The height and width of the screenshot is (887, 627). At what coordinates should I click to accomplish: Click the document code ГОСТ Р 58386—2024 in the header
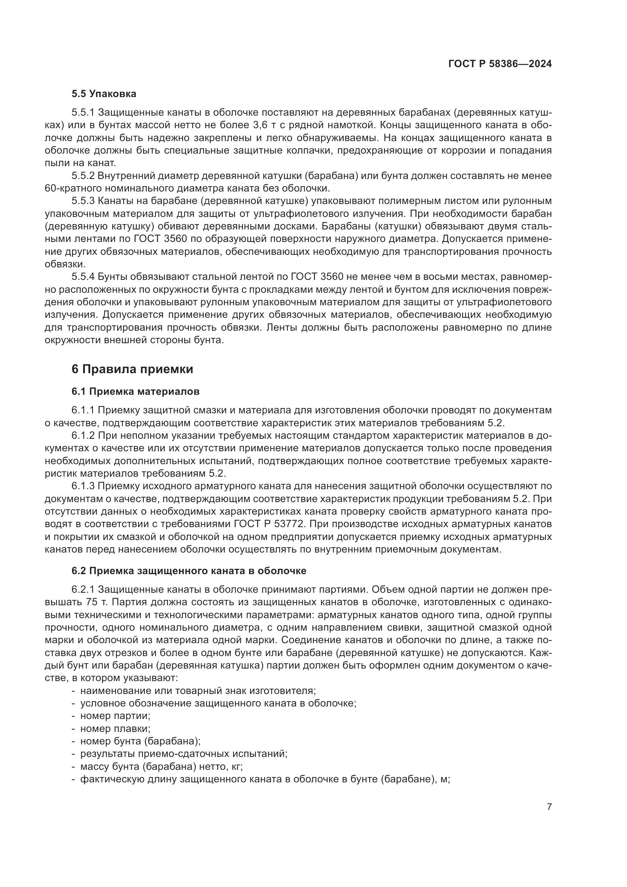tap(500, 64)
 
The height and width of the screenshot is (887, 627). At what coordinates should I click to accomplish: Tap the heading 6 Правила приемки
tap(132, 369)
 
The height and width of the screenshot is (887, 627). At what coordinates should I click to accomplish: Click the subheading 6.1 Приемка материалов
tap(135, 392)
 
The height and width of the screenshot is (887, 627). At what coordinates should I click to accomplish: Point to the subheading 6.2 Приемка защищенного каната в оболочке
tap(188, 571)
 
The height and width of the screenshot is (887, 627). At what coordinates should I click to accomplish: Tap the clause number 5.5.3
tap(83, 201)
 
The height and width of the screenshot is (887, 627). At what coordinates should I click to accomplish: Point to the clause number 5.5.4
tap(83, 276)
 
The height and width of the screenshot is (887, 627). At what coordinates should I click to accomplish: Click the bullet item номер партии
tap(114, 716)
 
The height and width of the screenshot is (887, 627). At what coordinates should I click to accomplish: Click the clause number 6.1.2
tap(83, 436)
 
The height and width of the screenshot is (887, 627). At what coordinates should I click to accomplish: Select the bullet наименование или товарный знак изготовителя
tap(198, 690)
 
